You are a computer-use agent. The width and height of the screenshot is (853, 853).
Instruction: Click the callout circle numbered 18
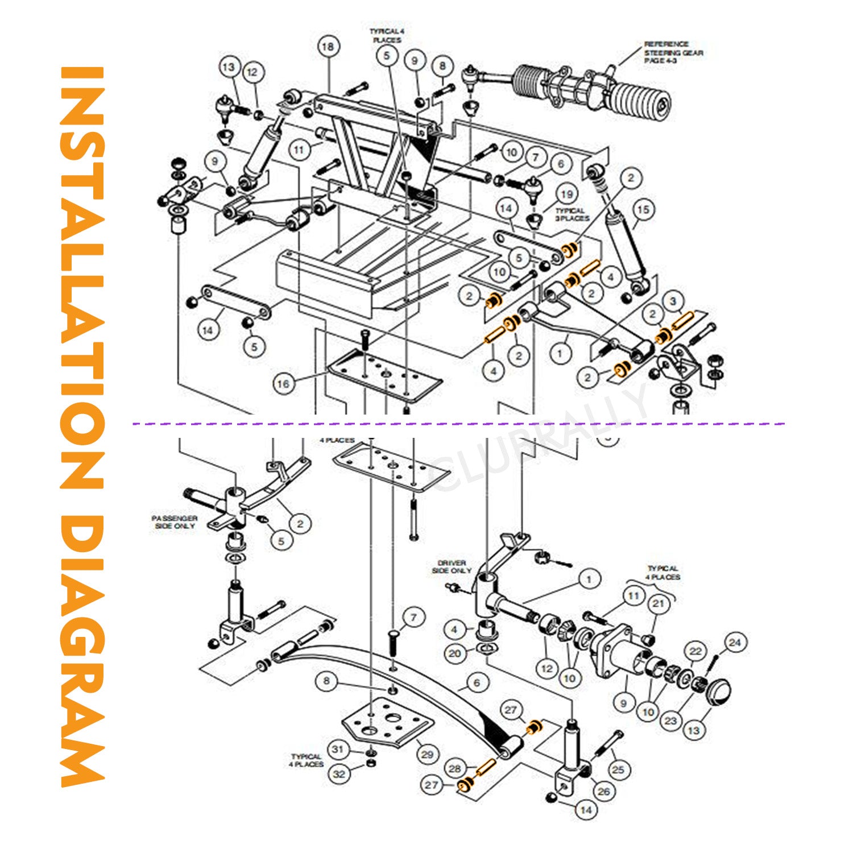[x=328, y=47]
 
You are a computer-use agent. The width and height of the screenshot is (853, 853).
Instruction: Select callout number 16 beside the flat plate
[x=283, y=384]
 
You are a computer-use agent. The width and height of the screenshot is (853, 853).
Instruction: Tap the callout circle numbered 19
[x=567, y=194]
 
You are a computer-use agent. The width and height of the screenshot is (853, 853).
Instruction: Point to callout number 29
[x=427, y=755]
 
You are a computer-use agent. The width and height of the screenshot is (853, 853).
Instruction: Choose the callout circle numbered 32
[x=339, y=774]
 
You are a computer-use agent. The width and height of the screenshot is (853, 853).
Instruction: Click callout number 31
[x=338, y=749]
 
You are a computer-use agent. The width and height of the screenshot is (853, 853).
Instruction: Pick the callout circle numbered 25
[x=618, y=769]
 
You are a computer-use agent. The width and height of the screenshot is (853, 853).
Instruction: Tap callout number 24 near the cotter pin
[x=735, y=643]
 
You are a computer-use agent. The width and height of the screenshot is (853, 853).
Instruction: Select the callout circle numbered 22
[x=695, y=651]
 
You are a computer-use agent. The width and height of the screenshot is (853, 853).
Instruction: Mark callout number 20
[x=455, y=653]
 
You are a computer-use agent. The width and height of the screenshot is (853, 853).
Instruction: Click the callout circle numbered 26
[x=603, y=791]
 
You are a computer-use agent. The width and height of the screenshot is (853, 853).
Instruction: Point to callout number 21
[x=658, y=603]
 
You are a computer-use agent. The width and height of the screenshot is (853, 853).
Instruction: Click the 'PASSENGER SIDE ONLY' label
[x=174, y=522]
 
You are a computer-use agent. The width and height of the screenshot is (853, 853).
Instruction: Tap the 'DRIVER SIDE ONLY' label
[x=452, y=566]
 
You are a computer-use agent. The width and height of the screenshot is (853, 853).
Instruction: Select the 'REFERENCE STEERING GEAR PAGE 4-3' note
[x=673, y=52]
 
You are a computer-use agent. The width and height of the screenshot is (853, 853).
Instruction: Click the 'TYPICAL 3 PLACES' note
[x=572, y=214]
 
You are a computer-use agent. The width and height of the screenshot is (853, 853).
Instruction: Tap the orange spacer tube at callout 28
[x=486, y=768]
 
